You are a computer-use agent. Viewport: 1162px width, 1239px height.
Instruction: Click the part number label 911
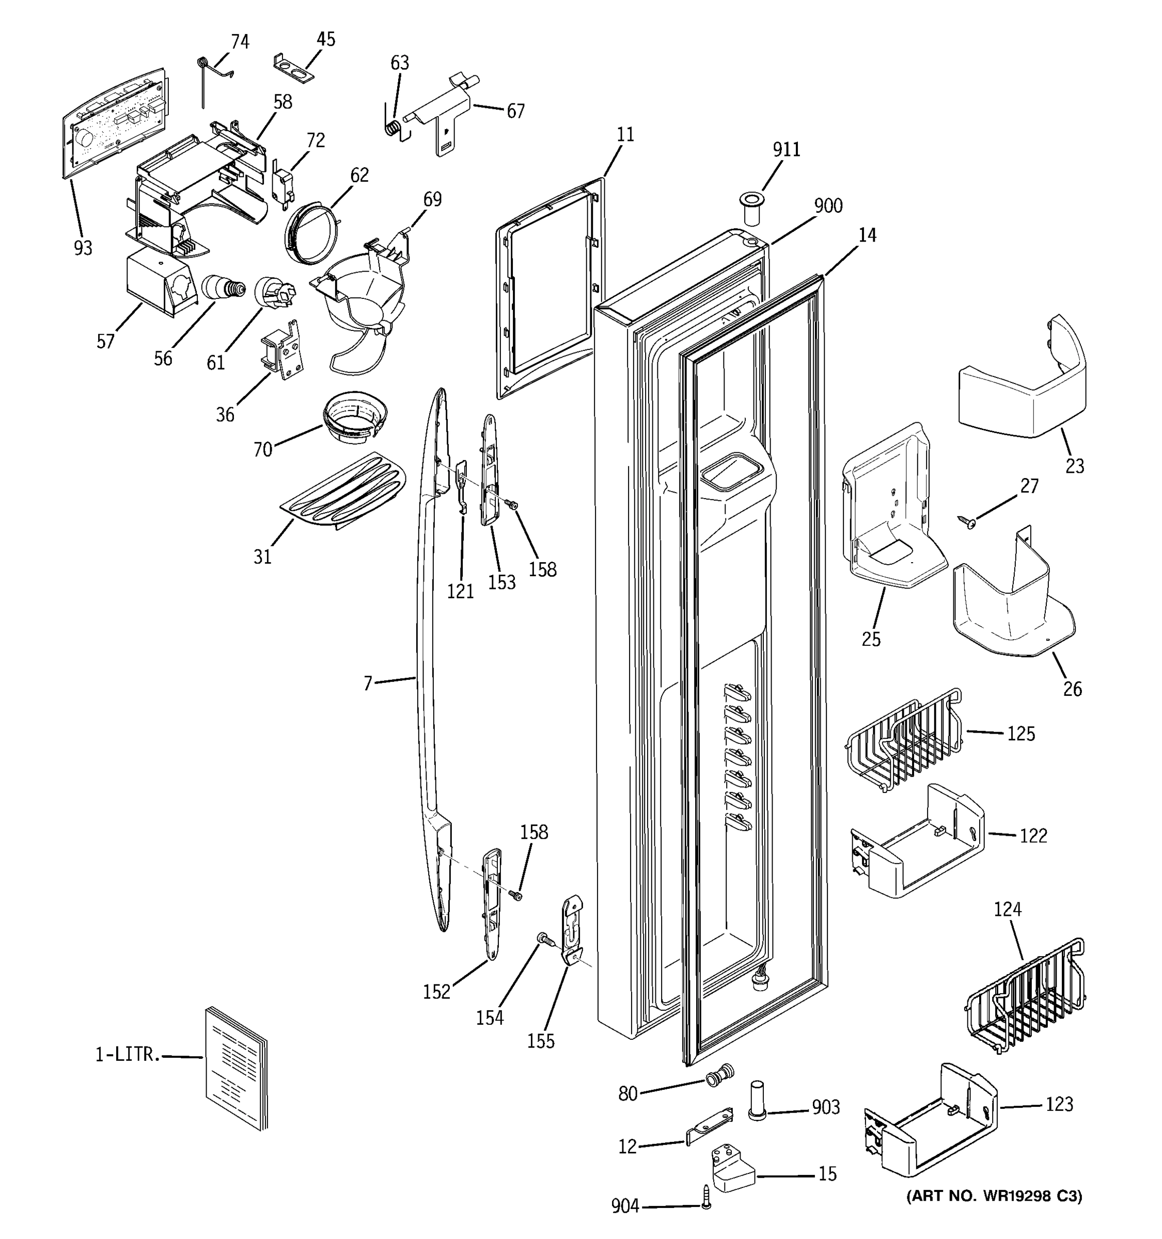[786, 150]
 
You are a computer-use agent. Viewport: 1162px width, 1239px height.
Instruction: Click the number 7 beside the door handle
[368, 684]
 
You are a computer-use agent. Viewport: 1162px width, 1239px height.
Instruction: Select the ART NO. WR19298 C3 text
[994, 1196]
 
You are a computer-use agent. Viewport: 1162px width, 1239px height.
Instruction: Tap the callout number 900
[828, 205]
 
